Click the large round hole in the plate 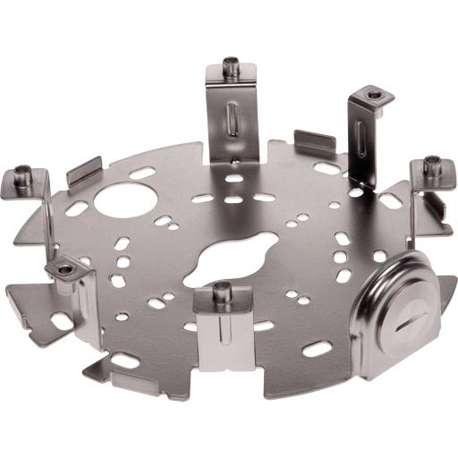(x=119, y=198)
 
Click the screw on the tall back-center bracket (x=232, y=68)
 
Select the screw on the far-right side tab (x=433, y=165)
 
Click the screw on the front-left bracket (x=65, y=267)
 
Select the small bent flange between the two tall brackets (x=315, y=141)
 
